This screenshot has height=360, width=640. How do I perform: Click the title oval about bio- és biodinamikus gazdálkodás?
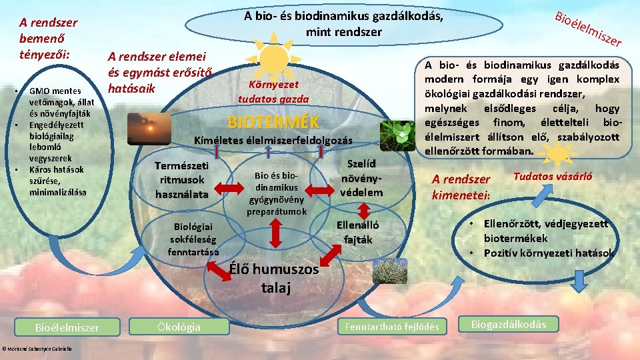coord(343,24)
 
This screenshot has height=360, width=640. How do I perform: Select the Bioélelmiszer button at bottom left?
coord(67,327)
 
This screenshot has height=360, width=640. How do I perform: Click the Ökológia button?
coord(178,327)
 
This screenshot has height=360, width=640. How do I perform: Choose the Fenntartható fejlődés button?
coord(391,327)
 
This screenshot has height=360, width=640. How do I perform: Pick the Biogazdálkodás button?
coord(508,325)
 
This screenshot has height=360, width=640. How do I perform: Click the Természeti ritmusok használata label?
coord(181,180)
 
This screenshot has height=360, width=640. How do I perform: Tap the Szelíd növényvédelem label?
coord(361,177)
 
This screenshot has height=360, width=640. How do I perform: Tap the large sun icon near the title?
coord(274,58)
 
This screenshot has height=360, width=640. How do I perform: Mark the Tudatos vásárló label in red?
coord(553,177)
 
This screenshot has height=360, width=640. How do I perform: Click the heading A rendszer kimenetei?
coord(461,187)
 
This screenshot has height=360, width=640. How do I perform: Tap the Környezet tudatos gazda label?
coord(274,92)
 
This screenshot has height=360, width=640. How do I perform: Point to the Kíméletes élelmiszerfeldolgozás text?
coord(273,141)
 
